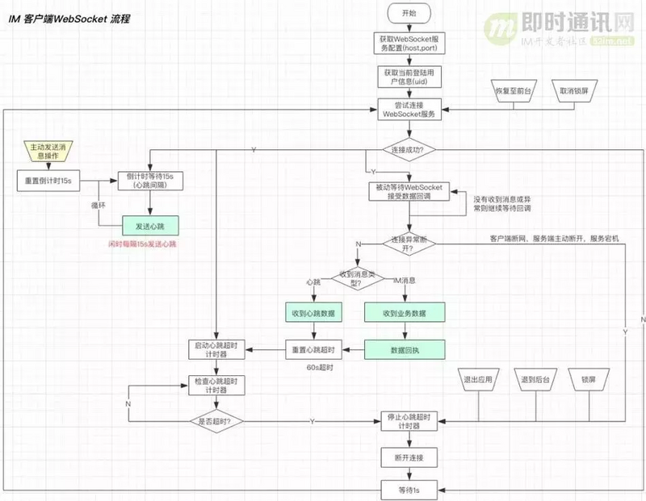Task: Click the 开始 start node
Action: (409, 13)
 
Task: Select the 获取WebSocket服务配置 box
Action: (409, 44)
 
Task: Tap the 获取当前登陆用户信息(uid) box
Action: (409, 77)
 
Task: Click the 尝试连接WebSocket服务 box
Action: (409, 110)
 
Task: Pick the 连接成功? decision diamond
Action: (409, 150)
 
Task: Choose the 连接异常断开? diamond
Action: (409, 244)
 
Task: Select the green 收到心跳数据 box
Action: (315, 313)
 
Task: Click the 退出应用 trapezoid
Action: (479, 379)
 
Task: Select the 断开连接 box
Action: (409, 457)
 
